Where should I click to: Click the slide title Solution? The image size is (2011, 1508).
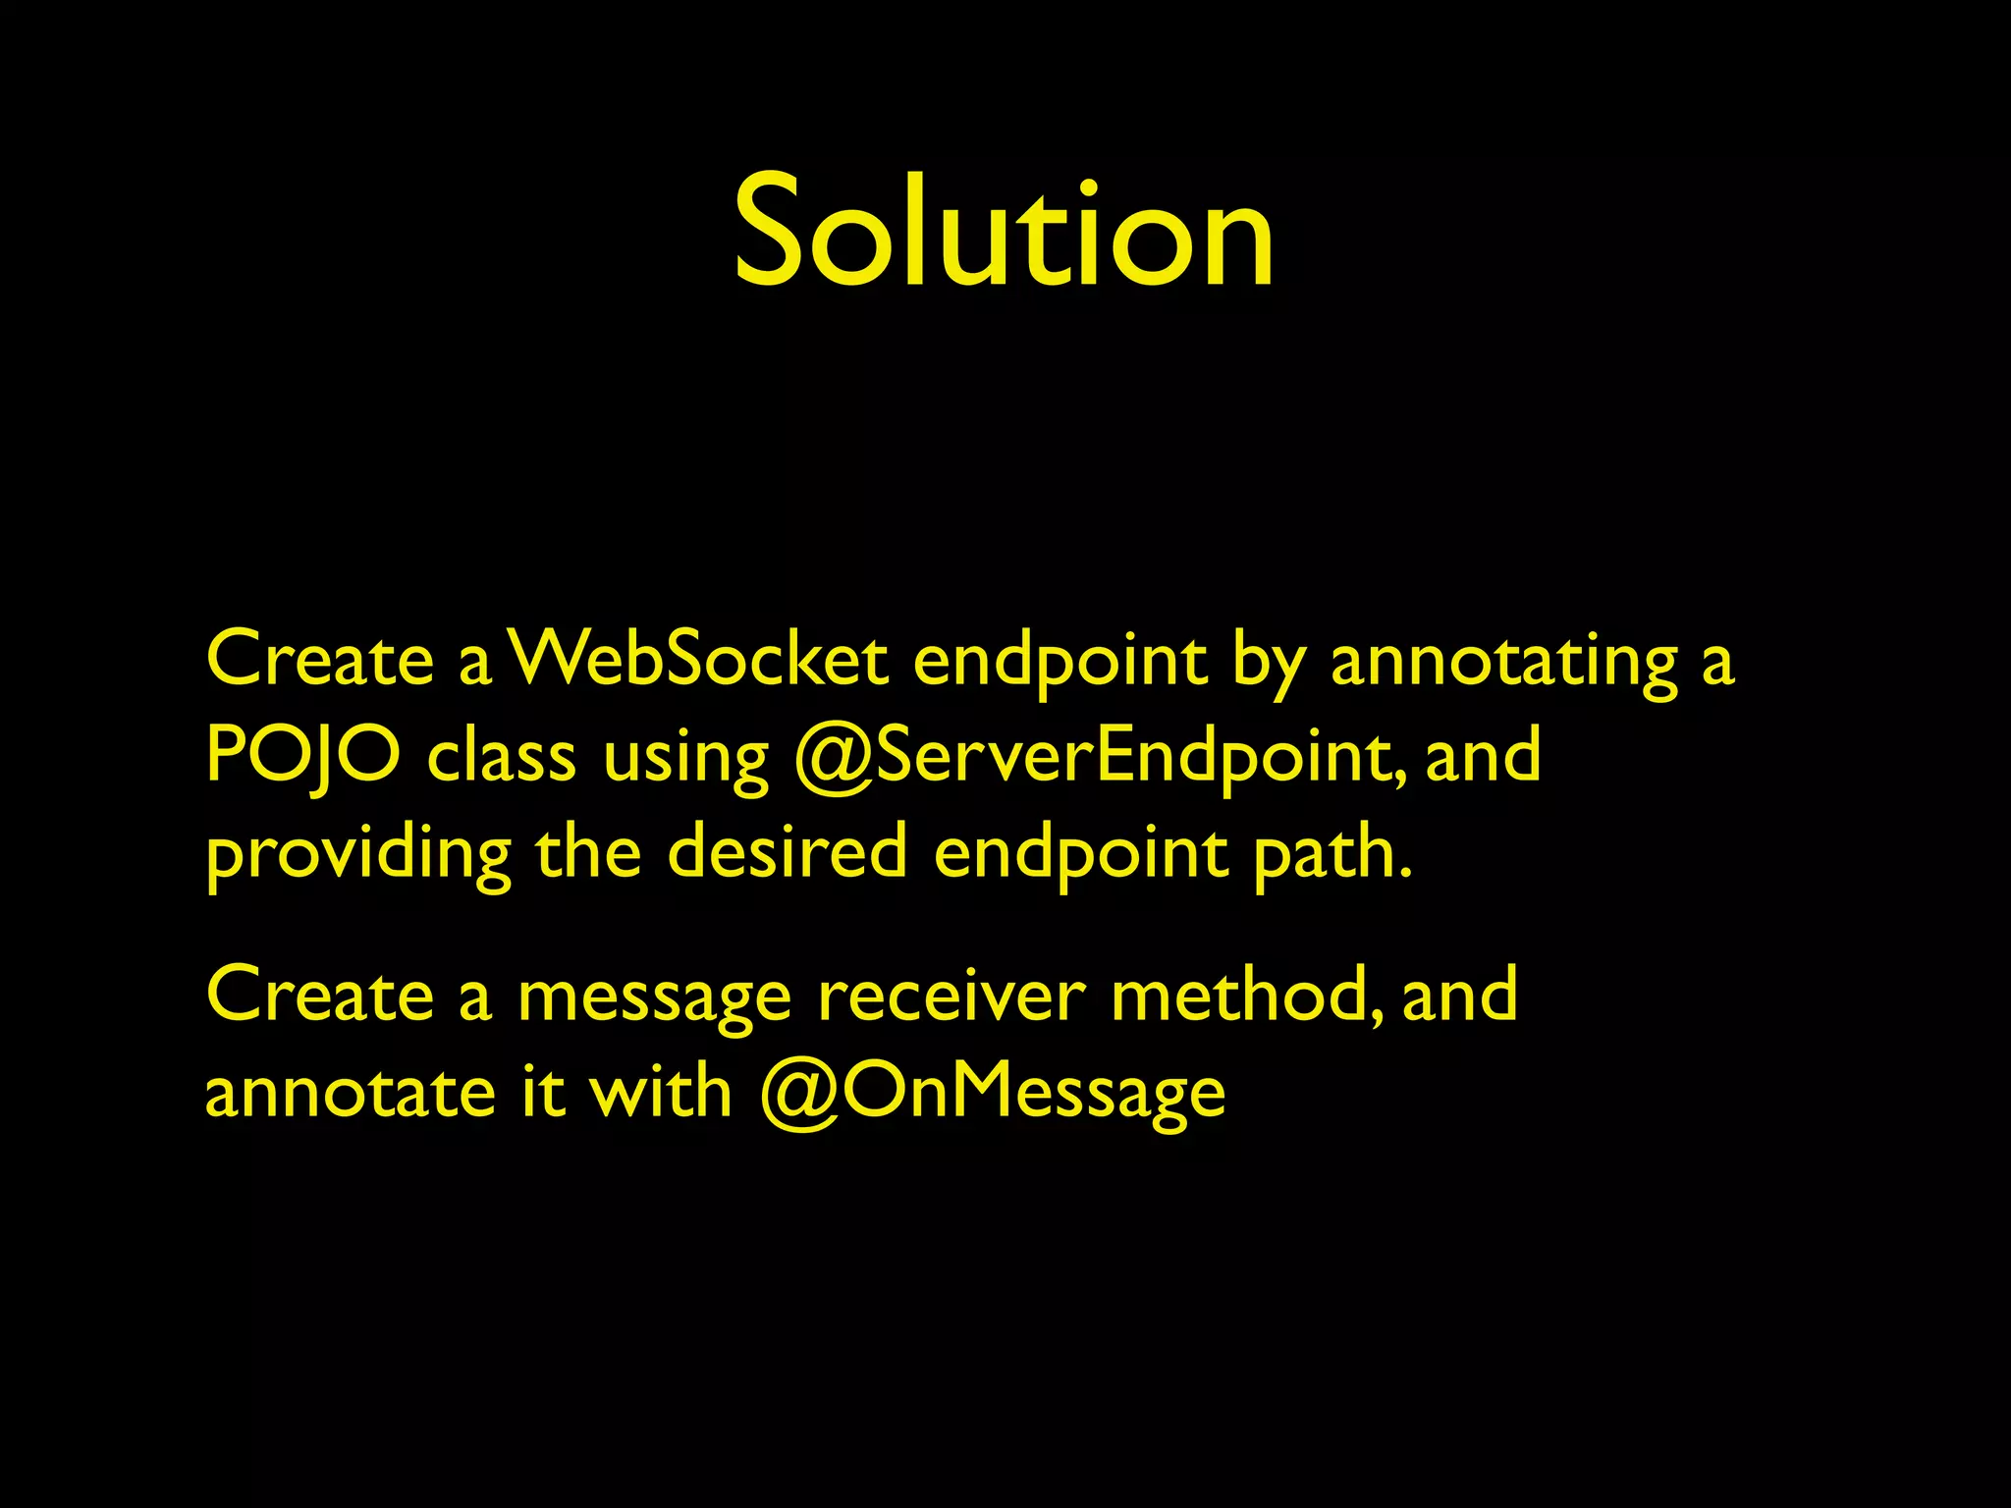[1004, 233]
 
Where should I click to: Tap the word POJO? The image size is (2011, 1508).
[302, 756]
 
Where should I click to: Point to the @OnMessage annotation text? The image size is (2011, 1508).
[992, 1094]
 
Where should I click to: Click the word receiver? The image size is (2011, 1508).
[951, 996]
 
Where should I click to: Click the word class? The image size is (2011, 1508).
[502, 756]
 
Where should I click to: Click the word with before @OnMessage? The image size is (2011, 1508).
[660, 1092]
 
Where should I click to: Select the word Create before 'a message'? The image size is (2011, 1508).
[320, 996]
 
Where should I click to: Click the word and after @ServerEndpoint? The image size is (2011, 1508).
[1483, 756]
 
